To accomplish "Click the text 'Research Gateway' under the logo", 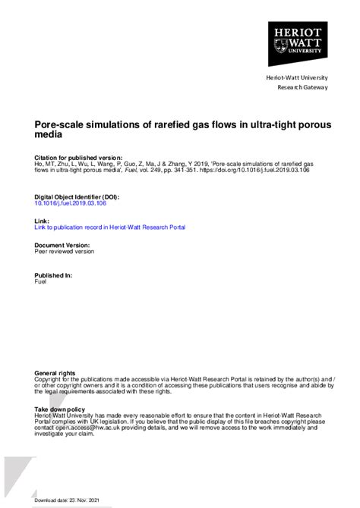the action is [302, 87].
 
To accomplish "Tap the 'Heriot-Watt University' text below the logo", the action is [297, 78].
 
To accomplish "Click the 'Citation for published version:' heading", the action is [78, 156].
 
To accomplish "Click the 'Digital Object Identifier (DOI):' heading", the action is [77, 196].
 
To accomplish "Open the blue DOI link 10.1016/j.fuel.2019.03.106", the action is [71, 202].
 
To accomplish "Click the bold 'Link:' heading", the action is [42, 221].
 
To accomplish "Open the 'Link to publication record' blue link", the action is [109, 227].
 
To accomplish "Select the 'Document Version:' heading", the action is [62, 245].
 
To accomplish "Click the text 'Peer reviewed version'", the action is [65, 251].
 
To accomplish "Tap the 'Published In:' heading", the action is [54, 275].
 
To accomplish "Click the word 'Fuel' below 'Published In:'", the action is [40, 281].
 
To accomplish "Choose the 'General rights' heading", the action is [55, 374].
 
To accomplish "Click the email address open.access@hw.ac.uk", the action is [84, 428].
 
